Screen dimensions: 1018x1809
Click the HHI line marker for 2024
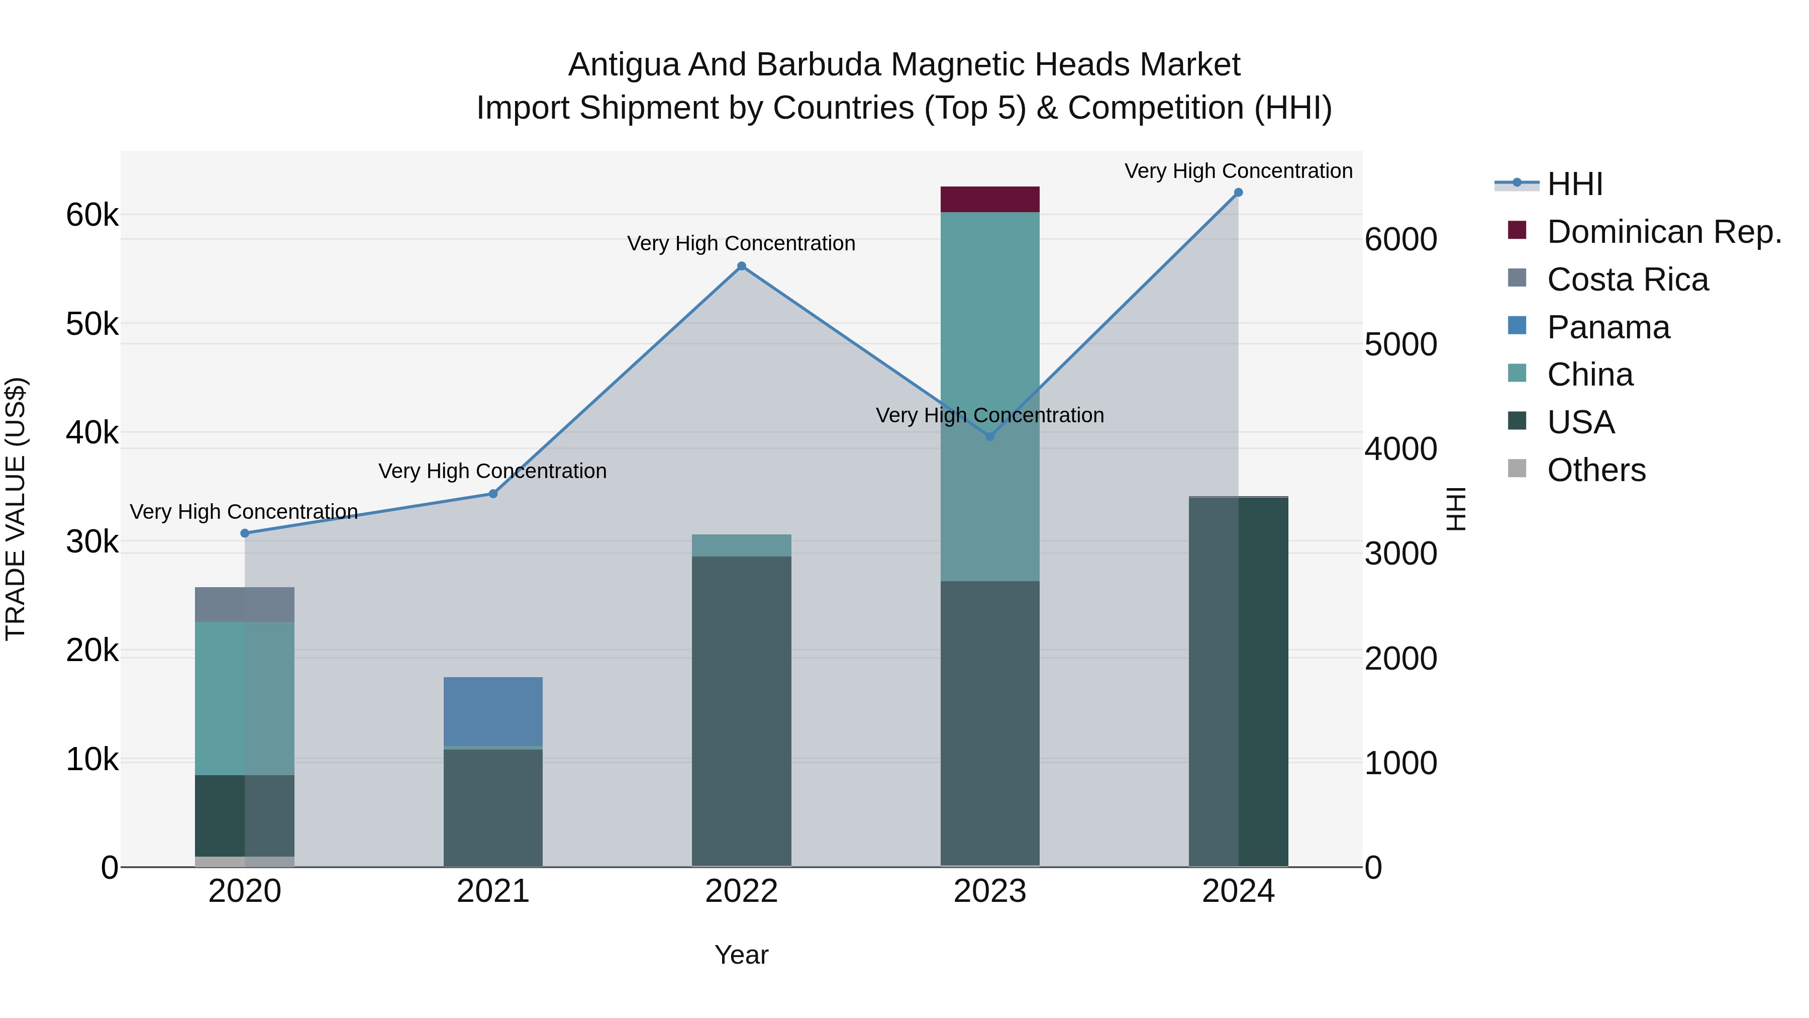coord(1238,193)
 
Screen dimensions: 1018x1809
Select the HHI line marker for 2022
coord(742,266)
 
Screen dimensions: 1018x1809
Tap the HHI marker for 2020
coord(244,533)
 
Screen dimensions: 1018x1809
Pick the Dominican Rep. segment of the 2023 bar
coord(989,200)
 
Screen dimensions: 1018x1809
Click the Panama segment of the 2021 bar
coord(493,711)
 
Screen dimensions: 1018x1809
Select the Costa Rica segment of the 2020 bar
coord(244,604)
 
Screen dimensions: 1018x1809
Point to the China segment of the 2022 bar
coord(742,545)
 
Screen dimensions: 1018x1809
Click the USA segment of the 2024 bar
coord(1238,682)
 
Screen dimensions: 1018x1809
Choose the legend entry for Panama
coord(1607,327)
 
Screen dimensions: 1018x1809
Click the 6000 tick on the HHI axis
coord(1400,240)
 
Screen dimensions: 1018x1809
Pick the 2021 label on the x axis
coord(493,891)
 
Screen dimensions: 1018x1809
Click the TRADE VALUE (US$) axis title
coord(16,509)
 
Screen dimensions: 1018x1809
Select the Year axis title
coord(742,955)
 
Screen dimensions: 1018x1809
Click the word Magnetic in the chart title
coord(956,65)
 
